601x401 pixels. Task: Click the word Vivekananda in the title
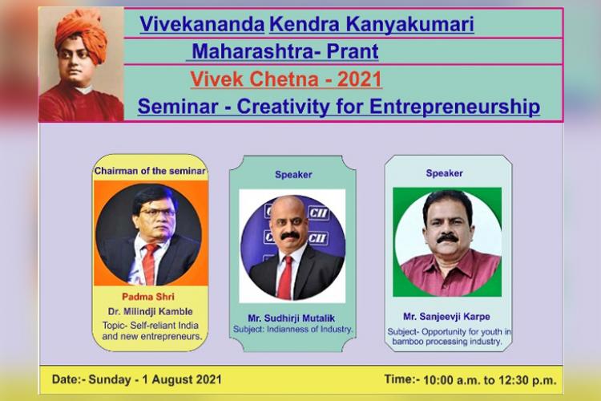[x=202, y=24]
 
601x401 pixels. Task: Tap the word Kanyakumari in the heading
[x=410, y=25]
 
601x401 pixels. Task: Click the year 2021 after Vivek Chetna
[x=360, y=79]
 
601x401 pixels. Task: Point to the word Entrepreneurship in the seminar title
[x=454, y=107]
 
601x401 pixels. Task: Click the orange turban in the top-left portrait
[x=82, y=34]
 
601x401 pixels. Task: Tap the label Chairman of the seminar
[x=150, y=171]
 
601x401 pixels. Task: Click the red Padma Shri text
[x=148, y=297]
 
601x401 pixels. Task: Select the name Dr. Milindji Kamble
[x=151, y=311]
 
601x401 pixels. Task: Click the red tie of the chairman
[x=149, y=264]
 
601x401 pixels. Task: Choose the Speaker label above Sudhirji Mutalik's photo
[x=293, y=175]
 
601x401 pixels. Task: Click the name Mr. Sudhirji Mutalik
[x=292, y=318]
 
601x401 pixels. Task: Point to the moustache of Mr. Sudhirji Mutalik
[x=290, y=237]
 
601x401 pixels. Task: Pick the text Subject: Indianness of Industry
[x=292, y=330]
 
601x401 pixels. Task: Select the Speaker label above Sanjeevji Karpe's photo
[x=444, y=173]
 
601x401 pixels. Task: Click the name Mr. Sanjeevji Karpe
[x=446, y=317]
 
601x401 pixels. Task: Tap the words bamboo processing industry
[x=447, y=341]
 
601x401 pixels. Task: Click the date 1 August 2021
[x=182, y=379]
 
